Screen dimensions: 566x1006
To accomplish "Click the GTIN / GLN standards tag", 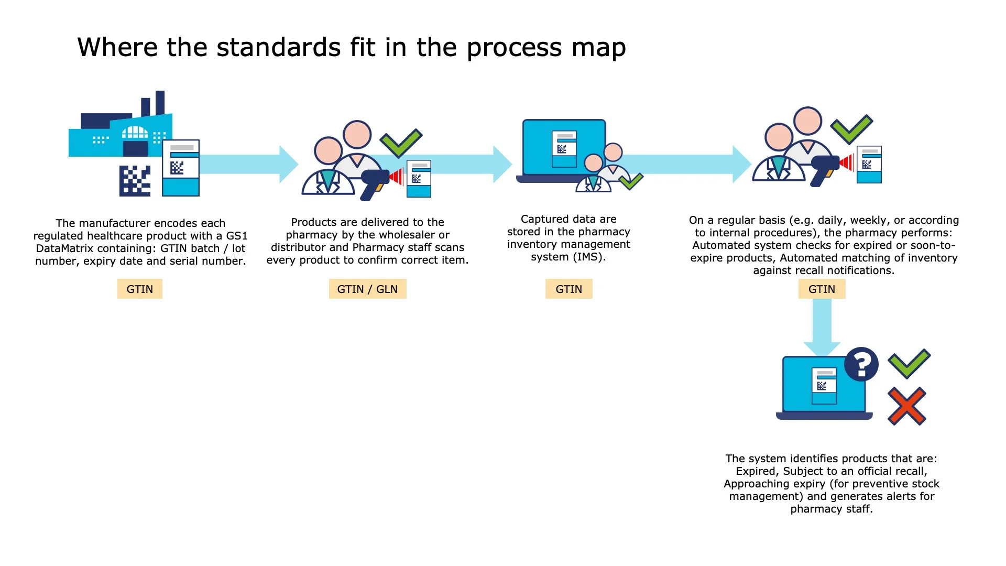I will (x=367, y=289).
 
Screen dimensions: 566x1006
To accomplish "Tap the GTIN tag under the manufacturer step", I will (x=139, y=289).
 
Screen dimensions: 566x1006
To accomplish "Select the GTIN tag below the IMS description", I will (x=568, y=289).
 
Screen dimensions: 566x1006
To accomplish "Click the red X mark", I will (x=907, y=406).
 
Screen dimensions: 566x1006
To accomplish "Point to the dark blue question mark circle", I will (x=861, y=364).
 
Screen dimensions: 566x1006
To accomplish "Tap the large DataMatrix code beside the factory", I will (x=135, y=181).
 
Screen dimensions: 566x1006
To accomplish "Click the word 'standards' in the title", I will (x=279, y=48).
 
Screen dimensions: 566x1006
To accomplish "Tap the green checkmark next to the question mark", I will (x=909, y=363).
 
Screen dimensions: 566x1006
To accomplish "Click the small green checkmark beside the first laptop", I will (x=631, y=181).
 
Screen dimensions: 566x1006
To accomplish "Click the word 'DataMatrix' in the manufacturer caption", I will (x=65, y=248).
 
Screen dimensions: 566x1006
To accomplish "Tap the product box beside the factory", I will (x=181, y=168).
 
